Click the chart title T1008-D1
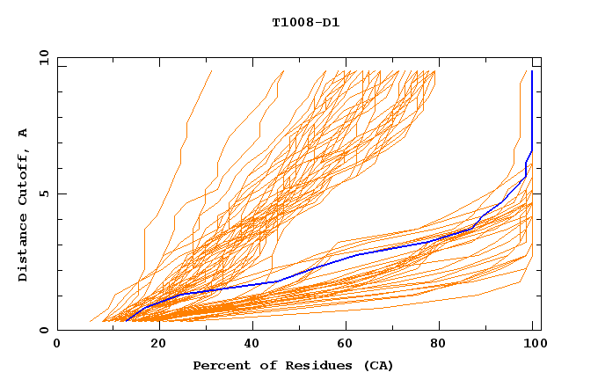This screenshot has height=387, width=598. coord(306,22)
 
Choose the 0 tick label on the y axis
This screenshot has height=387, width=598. coord(43,331)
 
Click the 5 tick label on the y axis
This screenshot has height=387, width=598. coord(43,193)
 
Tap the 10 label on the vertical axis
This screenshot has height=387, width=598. coord(40,57)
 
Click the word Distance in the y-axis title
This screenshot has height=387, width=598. coord(23,249)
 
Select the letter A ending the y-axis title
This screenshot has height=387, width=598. coord(23,134)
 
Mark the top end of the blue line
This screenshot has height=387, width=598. coord(532,71)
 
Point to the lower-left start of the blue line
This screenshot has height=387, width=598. coord(127,321)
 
